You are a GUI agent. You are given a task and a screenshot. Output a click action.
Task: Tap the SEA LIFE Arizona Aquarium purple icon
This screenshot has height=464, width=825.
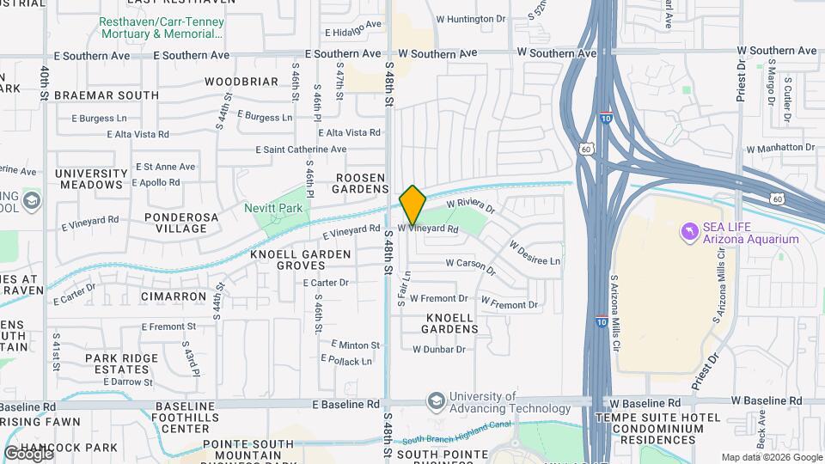[688, 232]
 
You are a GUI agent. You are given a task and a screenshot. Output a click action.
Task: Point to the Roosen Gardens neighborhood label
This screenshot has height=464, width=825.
[361, 183]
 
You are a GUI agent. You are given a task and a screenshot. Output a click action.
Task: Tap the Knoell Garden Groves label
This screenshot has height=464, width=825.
[301, 260]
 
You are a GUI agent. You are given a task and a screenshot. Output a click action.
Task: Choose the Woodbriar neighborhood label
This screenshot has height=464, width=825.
[241, 82]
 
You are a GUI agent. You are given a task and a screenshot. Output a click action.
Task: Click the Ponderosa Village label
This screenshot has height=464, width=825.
[176, 223]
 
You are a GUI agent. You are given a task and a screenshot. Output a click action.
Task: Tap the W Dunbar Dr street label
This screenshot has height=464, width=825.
[438, 350]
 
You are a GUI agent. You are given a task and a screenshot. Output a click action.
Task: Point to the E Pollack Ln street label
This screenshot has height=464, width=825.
[347, 361]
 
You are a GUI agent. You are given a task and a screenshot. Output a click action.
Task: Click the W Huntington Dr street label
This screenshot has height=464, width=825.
[471, 18]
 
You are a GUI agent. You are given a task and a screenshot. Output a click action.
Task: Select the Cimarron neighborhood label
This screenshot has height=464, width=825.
[175, 296]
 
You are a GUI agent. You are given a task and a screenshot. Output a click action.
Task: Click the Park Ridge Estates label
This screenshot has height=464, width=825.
[121, 363]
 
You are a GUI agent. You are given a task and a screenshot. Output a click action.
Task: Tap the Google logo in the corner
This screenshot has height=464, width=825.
[28, 453]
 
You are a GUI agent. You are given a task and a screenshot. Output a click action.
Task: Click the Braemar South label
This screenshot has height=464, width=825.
[106, 95]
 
